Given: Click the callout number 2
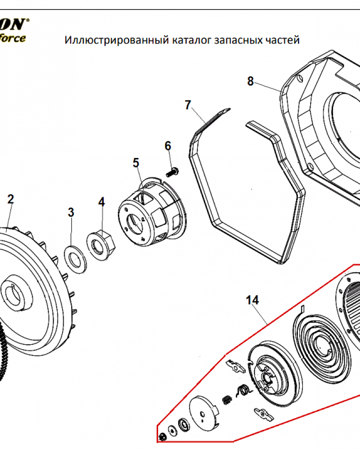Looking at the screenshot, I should [x=10, y=199].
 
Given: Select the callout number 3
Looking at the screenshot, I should [x=71, y=212].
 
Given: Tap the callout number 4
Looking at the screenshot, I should [x=102, y=202].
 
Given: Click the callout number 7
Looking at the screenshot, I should [x=188, y=105].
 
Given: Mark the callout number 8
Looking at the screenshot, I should [x=251, y=81].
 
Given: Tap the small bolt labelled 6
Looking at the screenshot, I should [x=173, y=171].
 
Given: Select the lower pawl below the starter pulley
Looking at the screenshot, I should [x=264, y=413].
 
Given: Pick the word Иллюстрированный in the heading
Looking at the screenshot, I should [x=117, y=40].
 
